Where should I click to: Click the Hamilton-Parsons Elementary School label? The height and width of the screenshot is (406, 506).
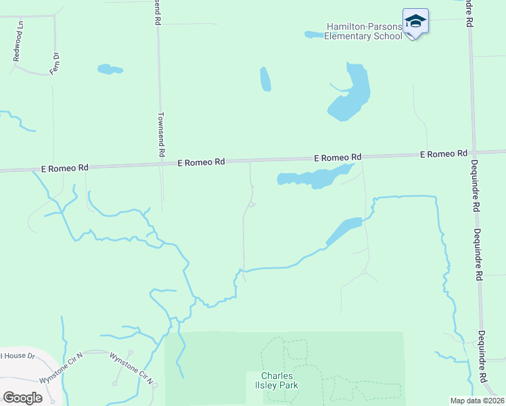[363, 31]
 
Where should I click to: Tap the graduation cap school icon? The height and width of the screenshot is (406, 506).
[415, 22]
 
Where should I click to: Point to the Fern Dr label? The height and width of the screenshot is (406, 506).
[55, 64]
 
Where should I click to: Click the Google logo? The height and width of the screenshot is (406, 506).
[22, 398]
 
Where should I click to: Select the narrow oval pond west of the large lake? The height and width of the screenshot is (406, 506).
[265, 79]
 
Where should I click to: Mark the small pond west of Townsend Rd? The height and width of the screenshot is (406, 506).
[110, 69]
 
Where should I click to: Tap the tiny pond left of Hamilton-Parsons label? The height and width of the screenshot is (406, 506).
[314, 35]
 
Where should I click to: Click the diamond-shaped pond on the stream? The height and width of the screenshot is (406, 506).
[344, 230]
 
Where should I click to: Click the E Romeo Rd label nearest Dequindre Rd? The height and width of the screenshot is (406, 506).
[443, 154]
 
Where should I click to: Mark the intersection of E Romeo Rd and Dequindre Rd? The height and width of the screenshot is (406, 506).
[474, 152]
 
